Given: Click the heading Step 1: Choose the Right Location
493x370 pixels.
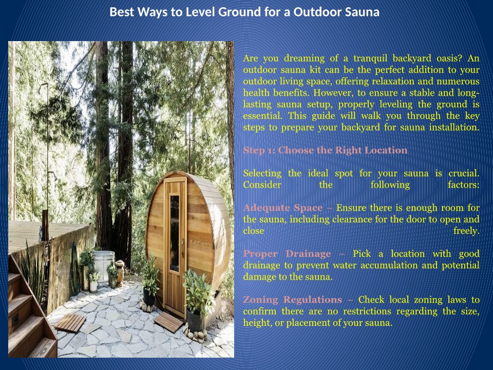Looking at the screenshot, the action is pyautogui.click(x=326, y=151).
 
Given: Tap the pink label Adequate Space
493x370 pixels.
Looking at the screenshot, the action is pyautogui.click(x=283, y=208).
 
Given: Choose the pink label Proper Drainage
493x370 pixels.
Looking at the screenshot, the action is pyautogui.click(x=287, y=254).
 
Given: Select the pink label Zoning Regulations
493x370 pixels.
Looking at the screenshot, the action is pyautogui.click(x=292, y=300).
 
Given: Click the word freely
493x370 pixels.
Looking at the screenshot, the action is pyautogui.click(x=466, y=231).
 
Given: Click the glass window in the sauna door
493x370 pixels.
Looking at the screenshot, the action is pyautogui.click(x=175, y=233).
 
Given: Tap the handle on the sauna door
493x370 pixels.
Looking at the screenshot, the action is pyautogui.click(x=182, y=247).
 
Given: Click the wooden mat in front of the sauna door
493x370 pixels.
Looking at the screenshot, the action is pyautogui.click(x=168, y=322).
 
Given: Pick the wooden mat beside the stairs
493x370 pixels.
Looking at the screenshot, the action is pyautogui.click(x=70, y=323).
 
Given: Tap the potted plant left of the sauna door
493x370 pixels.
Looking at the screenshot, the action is pyautogui.click(x=149, y=281).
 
